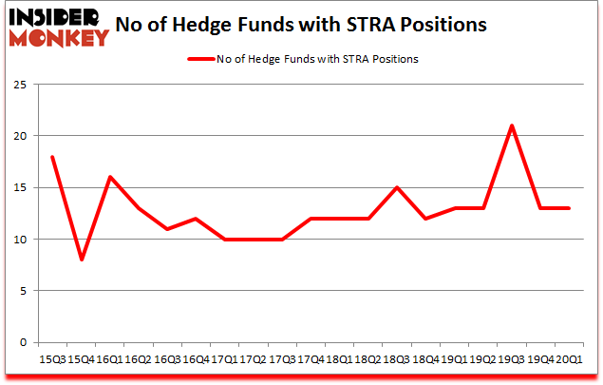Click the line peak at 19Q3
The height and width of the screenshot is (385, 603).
tap(512, 125)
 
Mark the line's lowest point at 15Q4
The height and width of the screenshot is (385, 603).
tap(81, 260)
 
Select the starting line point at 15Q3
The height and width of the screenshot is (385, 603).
tap(52, 157)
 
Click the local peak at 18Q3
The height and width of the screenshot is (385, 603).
tap(397, 187)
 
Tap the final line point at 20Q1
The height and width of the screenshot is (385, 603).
tap(569, 208)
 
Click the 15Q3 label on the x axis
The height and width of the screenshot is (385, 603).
tap(52, 359)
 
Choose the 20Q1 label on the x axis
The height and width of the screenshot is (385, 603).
tap(569, 359)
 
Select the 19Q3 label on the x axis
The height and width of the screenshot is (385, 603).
tap(512, 359)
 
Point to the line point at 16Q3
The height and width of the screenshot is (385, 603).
tap(167, 229)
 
